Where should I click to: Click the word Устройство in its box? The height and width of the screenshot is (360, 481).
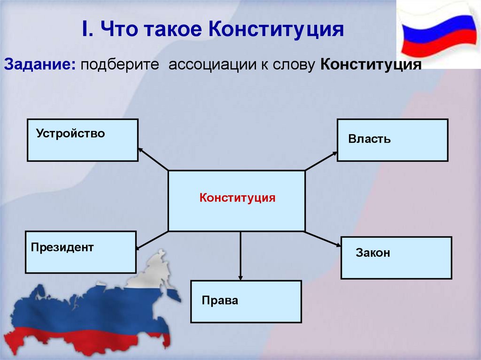click(x=70, y=134)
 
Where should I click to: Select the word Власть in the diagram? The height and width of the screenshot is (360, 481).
click(x=369, y=139)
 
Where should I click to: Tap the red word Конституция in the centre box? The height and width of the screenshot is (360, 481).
click(x=237, y=198)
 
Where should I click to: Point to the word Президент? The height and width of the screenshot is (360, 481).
click(x=62, y=247)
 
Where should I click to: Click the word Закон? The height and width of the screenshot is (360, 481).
click(x=373, y=253)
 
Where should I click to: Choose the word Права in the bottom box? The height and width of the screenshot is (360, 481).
click(x=220, y=300)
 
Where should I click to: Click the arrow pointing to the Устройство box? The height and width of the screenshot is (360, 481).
click(x=153, y=159)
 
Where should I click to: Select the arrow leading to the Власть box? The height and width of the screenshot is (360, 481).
click(x=321, y=161)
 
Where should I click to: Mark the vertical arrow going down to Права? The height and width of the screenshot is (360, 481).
click(x=240, y=256)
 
